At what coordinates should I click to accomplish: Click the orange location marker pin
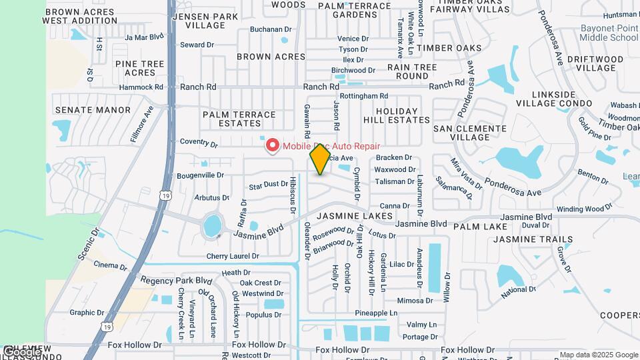(x=320, y=159)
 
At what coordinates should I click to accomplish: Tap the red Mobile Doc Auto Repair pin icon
(x=272, y=146)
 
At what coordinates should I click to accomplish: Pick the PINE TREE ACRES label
(x=140, y=68)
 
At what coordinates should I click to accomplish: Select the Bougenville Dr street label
(x=200, y=175)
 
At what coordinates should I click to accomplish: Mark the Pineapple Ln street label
(x=376, y=313)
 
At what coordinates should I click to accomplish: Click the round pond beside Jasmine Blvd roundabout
(x=212, y=225)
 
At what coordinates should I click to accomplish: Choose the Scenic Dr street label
(x=87, y=244)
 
